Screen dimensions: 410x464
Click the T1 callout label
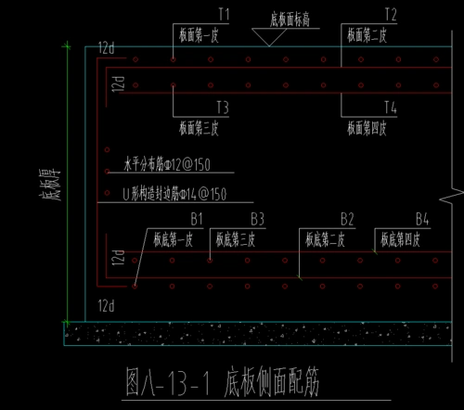pyautogui.click(x=224, y=15)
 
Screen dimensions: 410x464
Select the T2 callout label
pyautogui.click(x=390, y=15)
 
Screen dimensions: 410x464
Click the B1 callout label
pyautogui.click(x=196, y=219)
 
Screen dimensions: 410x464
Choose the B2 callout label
pyautogui.click(x=347, y=219)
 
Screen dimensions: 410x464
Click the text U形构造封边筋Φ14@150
pyautogui.click(x=174, y=195)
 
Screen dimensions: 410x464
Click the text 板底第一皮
pyautogui.click(x=170, y=238)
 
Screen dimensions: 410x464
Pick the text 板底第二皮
pyautogui.click(x=328, y=238)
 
